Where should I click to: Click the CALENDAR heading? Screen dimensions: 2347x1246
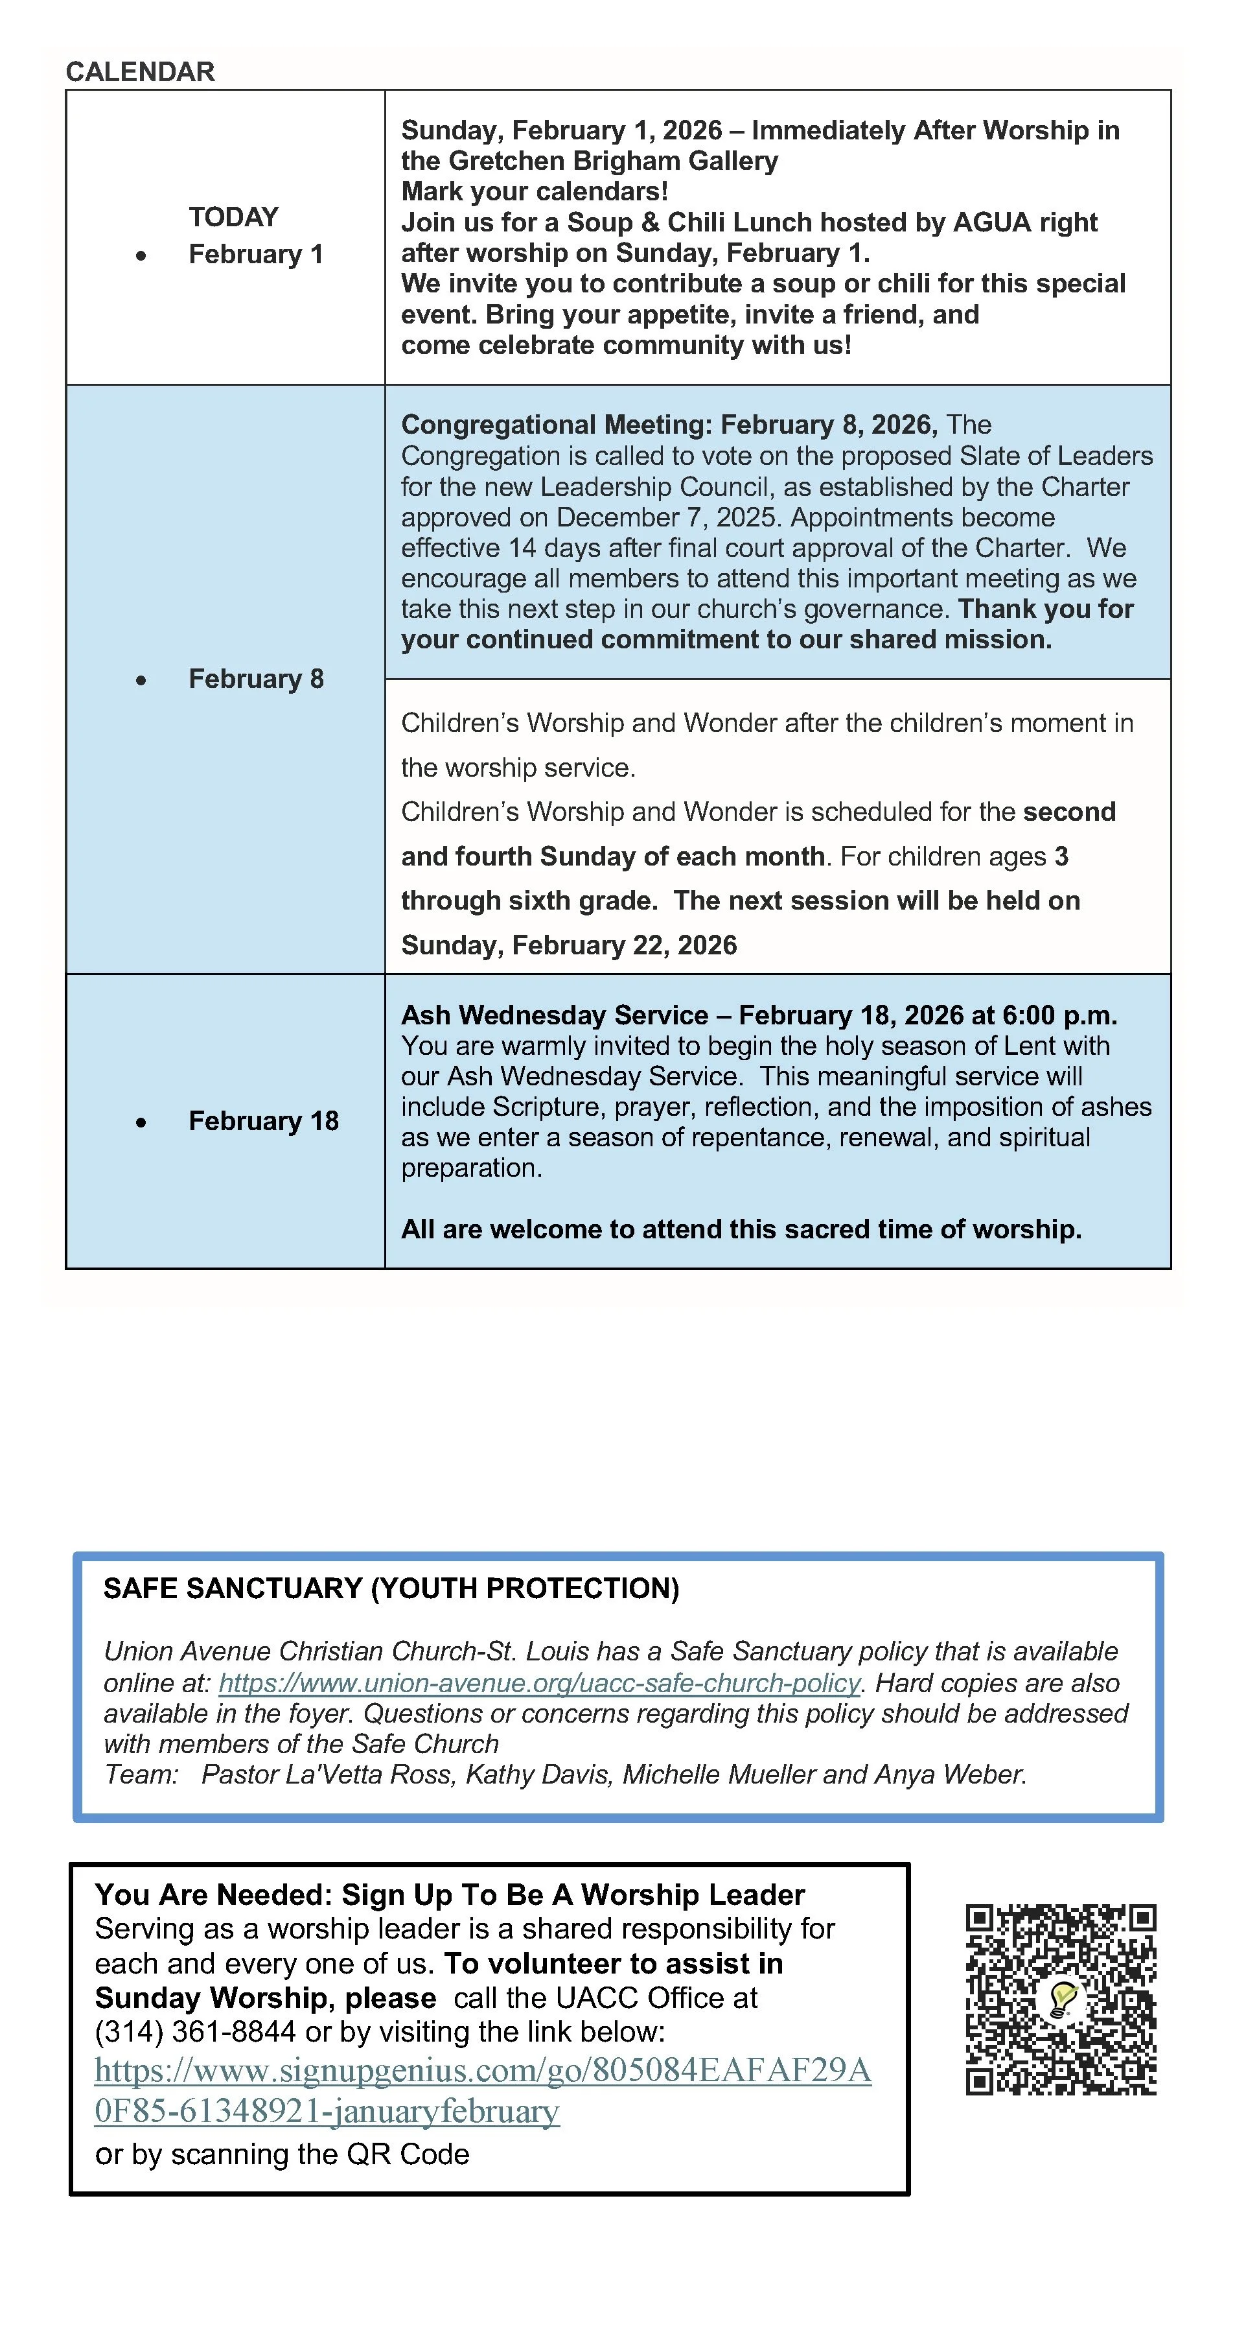pos(140,71)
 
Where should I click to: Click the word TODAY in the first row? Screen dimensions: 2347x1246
pos(233,217)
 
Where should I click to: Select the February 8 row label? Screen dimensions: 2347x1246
pos(256,679)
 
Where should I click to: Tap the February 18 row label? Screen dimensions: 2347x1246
pos(263,1120)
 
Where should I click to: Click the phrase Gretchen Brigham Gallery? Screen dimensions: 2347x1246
pos(613,161)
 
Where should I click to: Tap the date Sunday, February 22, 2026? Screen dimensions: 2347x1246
pos(568,945)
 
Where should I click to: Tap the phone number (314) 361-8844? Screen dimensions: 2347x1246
pos(195,2032)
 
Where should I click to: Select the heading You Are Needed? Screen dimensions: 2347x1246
pos(213,1895)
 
